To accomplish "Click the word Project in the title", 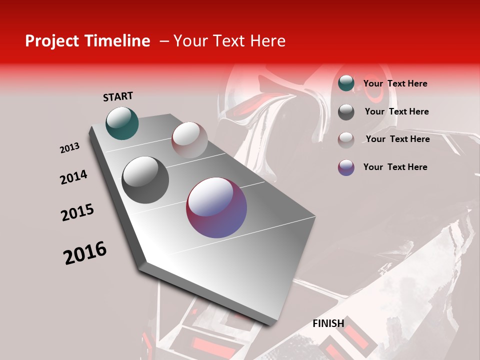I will point(48,41).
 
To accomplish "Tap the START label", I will point(118,96).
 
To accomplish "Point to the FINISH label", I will point(328,323).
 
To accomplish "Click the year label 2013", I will point(69,148).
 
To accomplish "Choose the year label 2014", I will point(73,177).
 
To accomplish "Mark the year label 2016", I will point(85,253).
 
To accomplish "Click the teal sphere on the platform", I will point(122,123).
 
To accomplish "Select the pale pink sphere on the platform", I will point(189,140).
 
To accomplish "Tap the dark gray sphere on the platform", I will point(145,179).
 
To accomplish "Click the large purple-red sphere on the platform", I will point(216,207).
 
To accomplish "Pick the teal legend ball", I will point(346,83).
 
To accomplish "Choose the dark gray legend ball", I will point(346,111).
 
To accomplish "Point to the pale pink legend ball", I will point(346,139).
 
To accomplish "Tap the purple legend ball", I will point(346,167).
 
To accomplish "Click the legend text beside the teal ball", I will point(395,83).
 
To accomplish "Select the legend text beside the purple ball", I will point(395,167).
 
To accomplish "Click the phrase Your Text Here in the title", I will point(229,41).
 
